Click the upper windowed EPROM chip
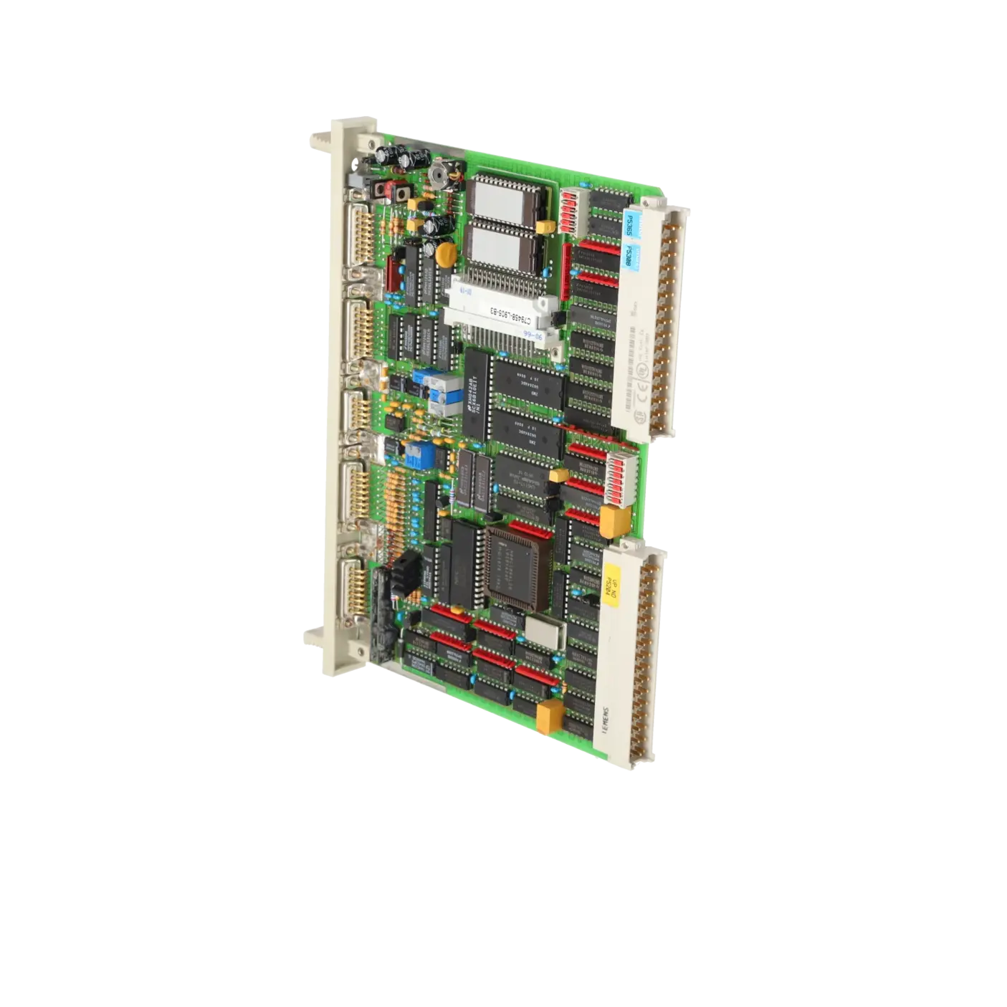500,197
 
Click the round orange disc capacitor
447,252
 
